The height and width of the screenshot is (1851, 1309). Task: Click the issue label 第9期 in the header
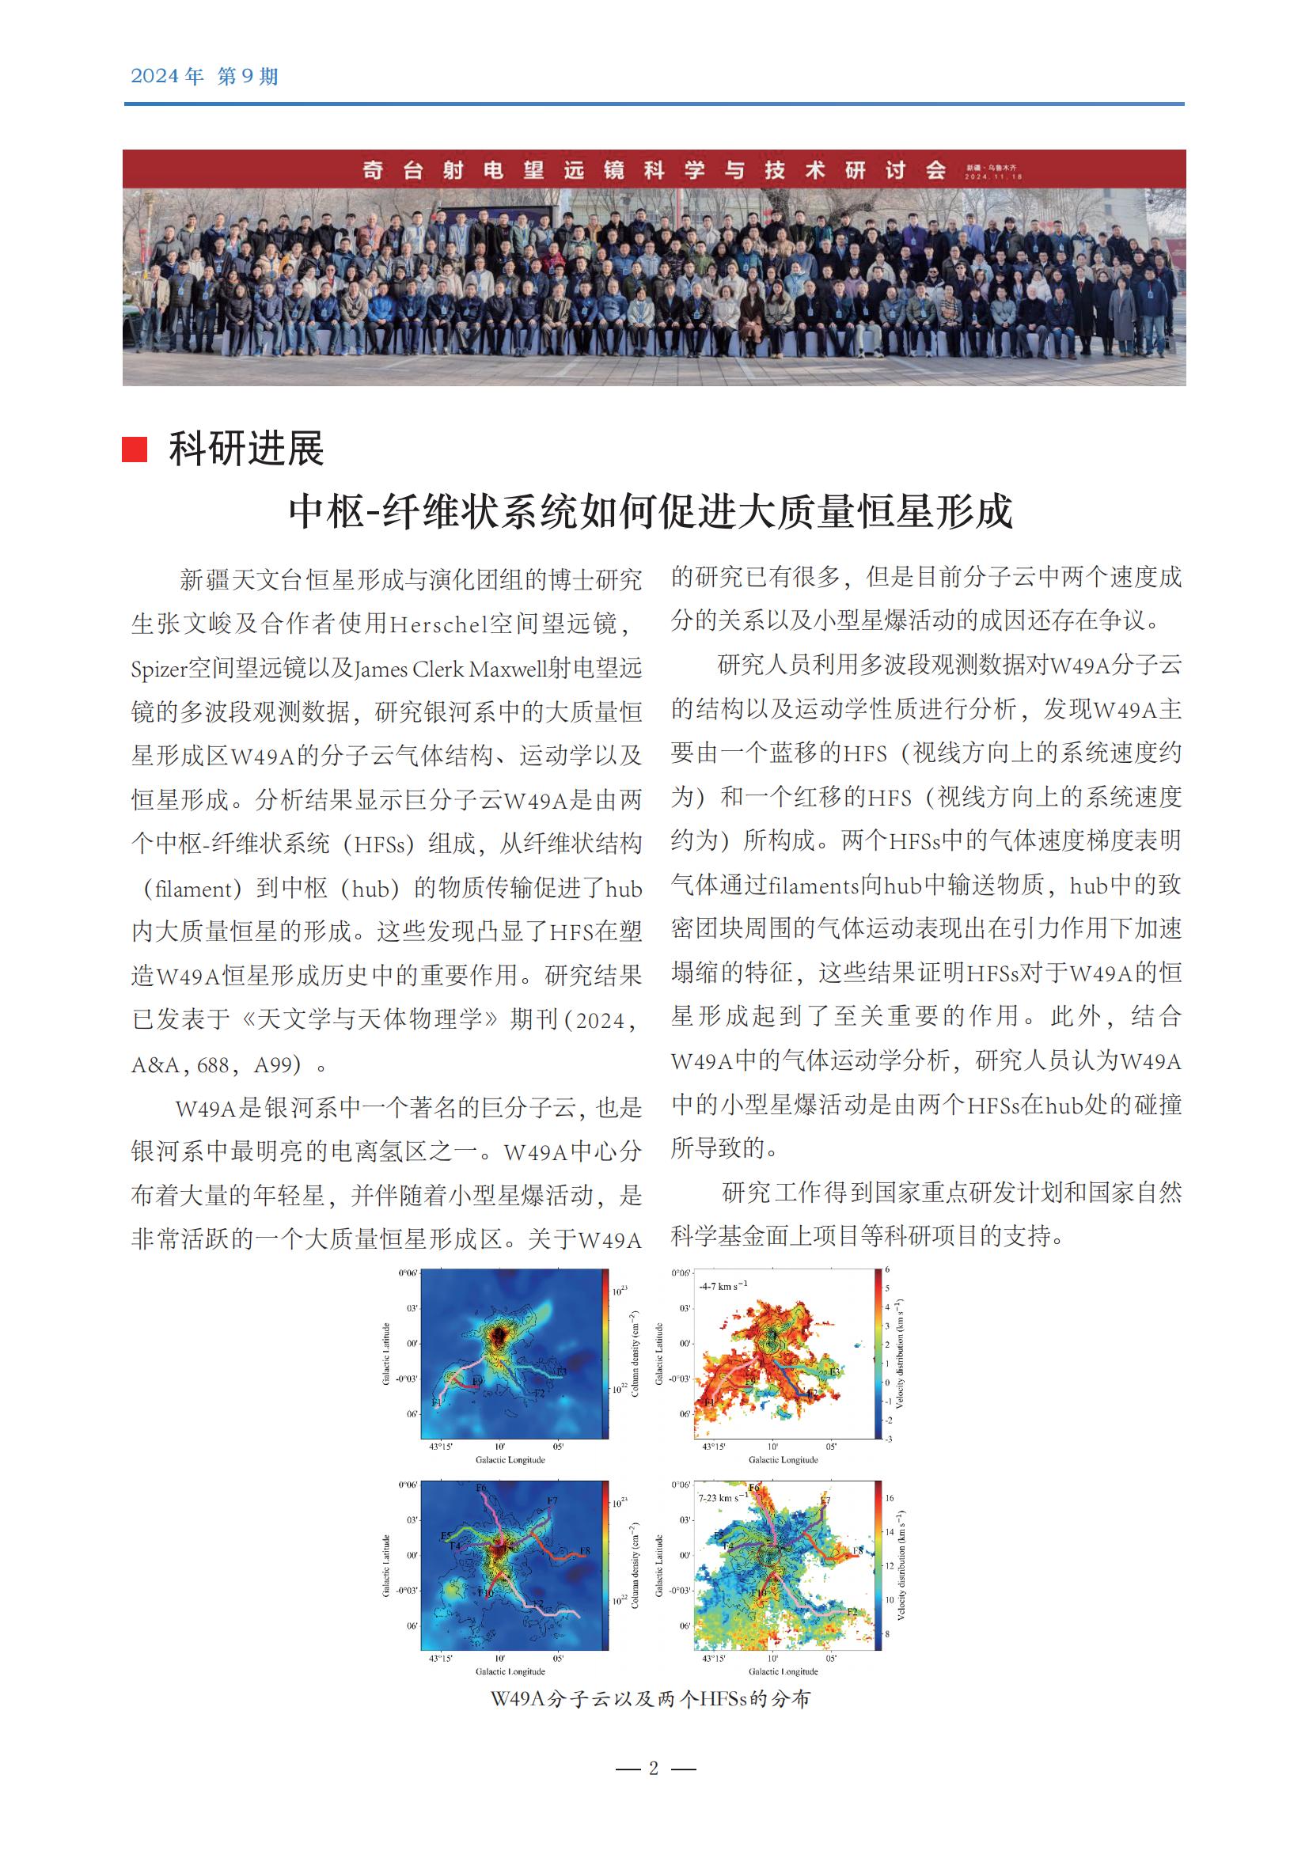pos(248,77)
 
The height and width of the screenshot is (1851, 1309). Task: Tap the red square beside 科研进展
pos(135,449)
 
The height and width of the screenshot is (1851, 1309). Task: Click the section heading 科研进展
pos(246,449)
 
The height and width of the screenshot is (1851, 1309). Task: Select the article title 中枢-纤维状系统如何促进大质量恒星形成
pos(651,512)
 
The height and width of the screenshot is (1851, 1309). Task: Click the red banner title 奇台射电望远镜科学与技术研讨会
pos(654,170)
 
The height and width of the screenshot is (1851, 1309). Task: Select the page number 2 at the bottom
pos(654,1768)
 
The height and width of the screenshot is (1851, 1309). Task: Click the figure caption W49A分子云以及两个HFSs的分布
pos(651,1698)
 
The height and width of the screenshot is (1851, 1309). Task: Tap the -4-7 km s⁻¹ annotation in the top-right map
pos(723,1286)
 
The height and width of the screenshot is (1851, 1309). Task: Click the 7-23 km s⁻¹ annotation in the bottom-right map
pos(723,1498)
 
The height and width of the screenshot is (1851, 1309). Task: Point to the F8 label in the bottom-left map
pos(585,1550)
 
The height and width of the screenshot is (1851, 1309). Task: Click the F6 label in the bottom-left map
pos(481,1489)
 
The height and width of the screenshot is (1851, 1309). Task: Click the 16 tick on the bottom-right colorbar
pos(890,1498)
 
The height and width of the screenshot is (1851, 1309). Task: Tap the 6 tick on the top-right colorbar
pos(887,1269)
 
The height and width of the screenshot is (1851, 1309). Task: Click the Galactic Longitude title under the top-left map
pos(510,1459)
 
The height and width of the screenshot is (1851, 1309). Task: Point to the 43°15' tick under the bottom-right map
pos(713,1659)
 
